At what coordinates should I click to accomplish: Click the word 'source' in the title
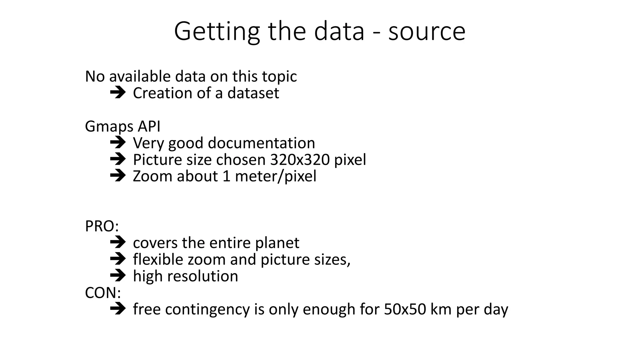(x=427, y=32)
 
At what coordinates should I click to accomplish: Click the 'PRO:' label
(x=102, y=226)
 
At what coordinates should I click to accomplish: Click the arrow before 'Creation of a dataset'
(x=118, y=93)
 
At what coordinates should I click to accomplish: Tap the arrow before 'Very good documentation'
(x=118, y=143)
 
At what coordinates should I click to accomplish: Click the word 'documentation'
(x=261, y=143)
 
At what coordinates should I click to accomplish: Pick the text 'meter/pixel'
(x=276, y=176)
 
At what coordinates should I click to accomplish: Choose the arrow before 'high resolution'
(x=118, y=276)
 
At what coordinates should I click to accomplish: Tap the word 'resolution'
(x=203, y=276)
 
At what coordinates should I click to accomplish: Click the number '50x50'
(x=405, y=309)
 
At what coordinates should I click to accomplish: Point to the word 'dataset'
(x=253, y=93)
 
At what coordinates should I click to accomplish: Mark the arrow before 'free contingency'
(x=118, y=309)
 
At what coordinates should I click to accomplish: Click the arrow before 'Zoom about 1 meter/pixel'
(x=118, y=176)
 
